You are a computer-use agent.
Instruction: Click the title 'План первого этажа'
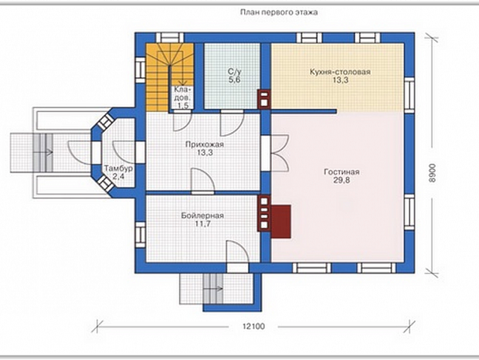[x=279, y=13]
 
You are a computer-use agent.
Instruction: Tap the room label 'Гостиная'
[x=341, y=172]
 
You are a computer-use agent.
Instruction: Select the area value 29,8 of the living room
[x=341, y=181]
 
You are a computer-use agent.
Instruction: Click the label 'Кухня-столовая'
[x=340, y=72]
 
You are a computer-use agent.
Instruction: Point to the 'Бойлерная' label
[x=202, y=216]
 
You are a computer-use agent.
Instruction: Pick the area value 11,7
[x=202, y=224]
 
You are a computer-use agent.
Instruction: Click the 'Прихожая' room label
[x=205, y=144]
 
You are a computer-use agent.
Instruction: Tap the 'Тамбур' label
[x=119, y=169]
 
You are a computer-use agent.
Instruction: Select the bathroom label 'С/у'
[x=235, y=72]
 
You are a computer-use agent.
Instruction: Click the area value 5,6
[x=235, y=80]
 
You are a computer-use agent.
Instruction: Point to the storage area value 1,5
[x=182, y=106]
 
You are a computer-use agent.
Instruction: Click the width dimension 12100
[x=254, y=327]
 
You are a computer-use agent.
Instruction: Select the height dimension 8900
[x=431, y=173]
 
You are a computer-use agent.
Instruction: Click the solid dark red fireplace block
[x=281, y=222]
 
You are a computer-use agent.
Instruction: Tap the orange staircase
[x=169, y=77]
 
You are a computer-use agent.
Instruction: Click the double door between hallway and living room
[x=279, y=153]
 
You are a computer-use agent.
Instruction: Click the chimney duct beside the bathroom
[x=264, y=99]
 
